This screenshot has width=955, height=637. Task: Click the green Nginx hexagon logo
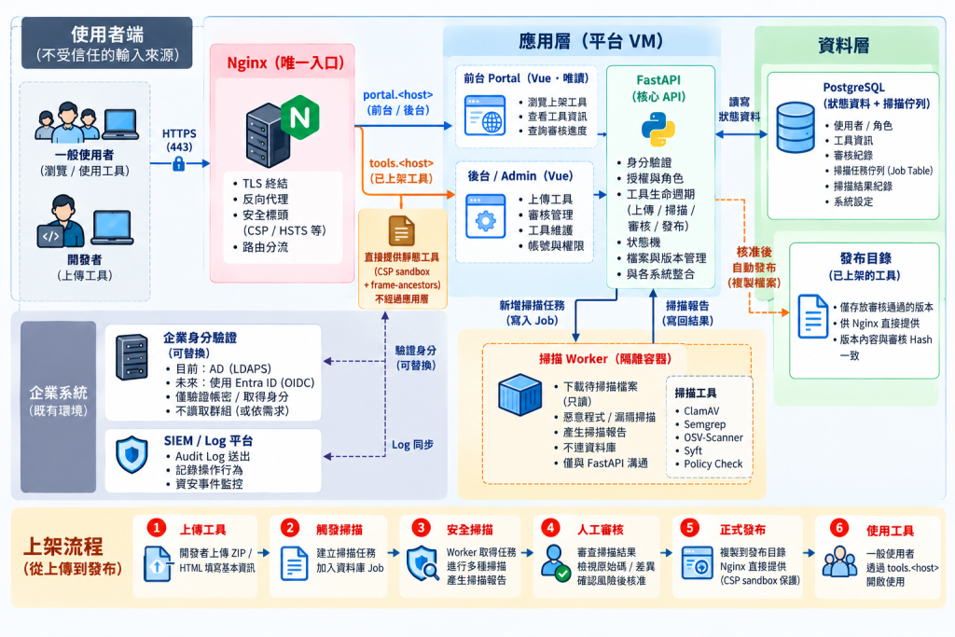[x=300, y=117]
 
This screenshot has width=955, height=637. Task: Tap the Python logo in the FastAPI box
[x=658, y=130]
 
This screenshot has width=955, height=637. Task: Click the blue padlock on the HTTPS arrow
[x=178, y=163]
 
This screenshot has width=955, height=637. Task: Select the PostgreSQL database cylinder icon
[x=796, y=127]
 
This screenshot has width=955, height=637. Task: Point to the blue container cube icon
[x=519, y=395]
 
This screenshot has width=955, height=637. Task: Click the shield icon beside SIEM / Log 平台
[x=132, y=454]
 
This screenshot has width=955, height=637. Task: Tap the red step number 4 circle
[x=551, y=527]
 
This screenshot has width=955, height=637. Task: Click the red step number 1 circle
[x=157, y=527]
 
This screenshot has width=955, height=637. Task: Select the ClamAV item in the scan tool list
[x=701, y=411]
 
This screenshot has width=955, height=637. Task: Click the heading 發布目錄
[x=865, y=258]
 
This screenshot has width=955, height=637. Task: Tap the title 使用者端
[x=107, y=35]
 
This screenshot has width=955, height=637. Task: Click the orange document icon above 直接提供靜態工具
[x=401, y=231]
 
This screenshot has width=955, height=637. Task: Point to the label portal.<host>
[x=397, y=95]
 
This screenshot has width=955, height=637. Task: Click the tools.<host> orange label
[x=401, y=163]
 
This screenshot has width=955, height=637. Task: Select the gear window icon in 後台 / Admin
[x=485, y=216]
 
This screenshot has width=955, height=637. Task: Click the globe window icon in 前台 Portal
[x=485, y=115]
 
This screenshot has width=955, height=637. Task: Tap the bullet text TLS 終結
[x=265, y=184]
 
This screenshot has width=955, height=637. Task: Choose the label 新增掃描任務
[x=532, y=305]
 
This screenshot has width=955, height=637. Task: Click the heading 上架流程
[x=63, y=547]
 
